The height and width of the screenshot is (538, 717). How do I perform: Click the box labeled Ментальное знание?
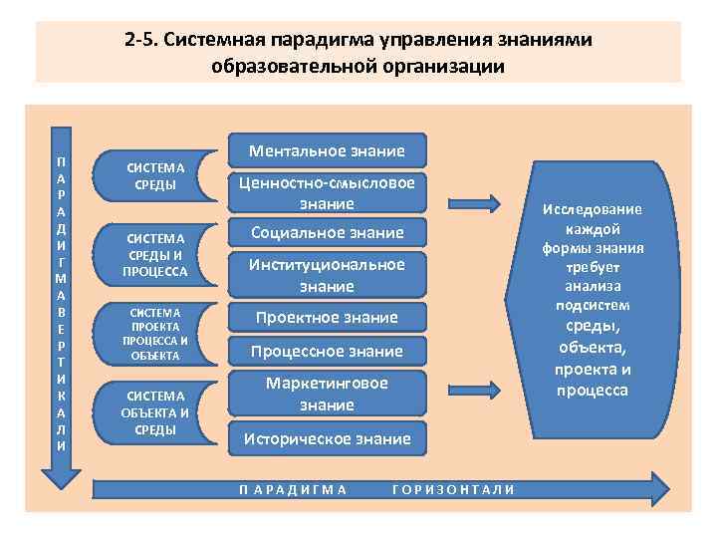[327, 151]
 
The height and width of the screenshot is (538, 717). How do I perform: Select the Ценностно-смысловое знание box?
[327, 193]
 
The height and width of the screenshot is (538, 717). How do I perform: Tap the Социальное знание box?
[327, 233]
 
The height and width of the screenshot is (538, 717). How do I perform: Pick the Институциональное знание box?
[327, 275]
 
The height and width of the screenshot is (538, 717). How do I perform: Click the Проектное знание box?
[327, 318]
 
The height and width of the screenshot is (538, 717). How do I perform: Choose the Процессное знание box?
[327, 352]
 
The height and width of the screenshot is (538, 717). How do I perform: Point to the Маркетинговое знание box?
[327, 394]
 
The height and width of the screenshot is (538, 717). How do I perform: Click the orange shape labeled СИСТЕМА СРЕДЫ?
[155, 176]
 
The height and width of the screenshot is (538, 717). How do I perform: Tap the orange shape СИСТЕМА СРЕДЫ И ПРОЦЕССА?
[155, 254]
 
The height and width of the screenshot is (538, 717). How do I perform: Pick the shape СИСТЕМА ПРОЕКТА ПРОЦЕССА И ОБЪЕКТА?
[155, 333]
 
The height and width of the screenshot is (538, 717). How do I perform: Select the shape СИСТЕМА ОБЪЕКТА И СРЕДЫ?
[155, 411]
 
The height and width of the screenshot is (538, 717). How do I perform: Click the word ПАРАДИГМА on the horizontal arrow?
[294, 489]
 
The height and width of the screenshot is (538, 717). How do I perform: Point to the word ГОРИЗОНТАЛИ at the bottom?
[454, 489]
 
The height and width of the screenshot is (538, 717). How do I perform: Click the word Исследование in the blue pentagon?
[593, 209]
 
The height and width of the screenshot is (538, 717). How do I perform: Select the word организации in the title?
[436, 66]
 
